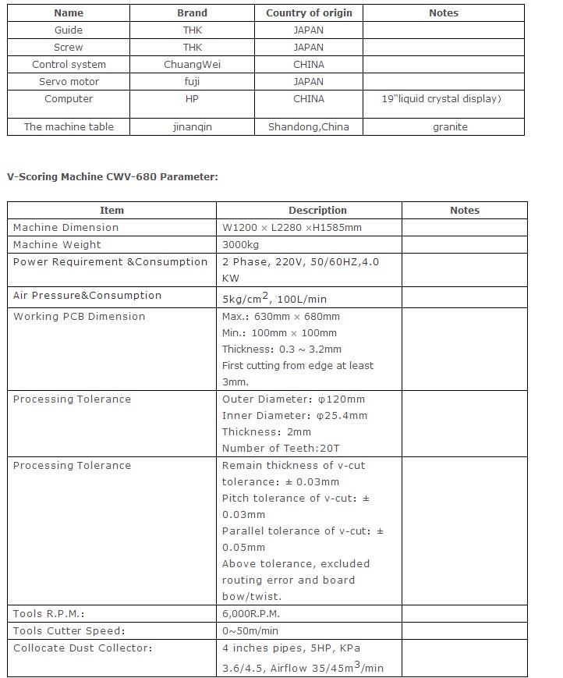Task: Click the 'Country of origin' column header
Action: click(309, 12)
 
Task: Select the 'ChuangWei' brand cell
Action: click(192, 64)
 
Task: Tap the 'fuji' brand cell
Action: click(192, 81)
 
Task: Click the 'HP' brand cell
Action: click(192, 99)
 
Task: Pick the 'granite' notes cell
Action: click(449, 126)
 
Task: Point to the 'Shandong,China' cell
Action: click(309, 126)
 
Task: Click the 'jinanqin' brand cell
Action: click(192, 126)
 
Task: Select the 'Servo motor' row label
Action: click(69, 81)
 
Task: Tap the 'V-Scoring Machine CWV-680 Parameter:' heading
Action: click(112, 176)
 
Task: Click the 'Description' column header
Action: click(317, 210)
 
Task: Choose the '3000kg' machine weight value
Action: click(239, 244)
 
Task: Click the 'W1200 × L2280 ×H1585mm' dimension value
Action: click(292, 227)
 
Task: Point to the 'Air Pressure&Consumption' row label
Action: click(87, 295)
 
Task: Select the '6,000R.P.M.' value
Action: click(250, 613)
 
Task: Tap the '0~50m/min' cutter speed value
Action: click(250, 630)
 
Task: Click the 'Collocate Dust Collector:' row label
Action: click(83, 648)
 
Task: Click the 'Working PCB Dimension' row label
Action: click(79, 316)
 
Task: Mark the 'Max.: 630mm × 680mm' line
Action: click(281, 316)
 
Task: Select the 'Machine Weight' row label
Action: click(57, 244)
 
